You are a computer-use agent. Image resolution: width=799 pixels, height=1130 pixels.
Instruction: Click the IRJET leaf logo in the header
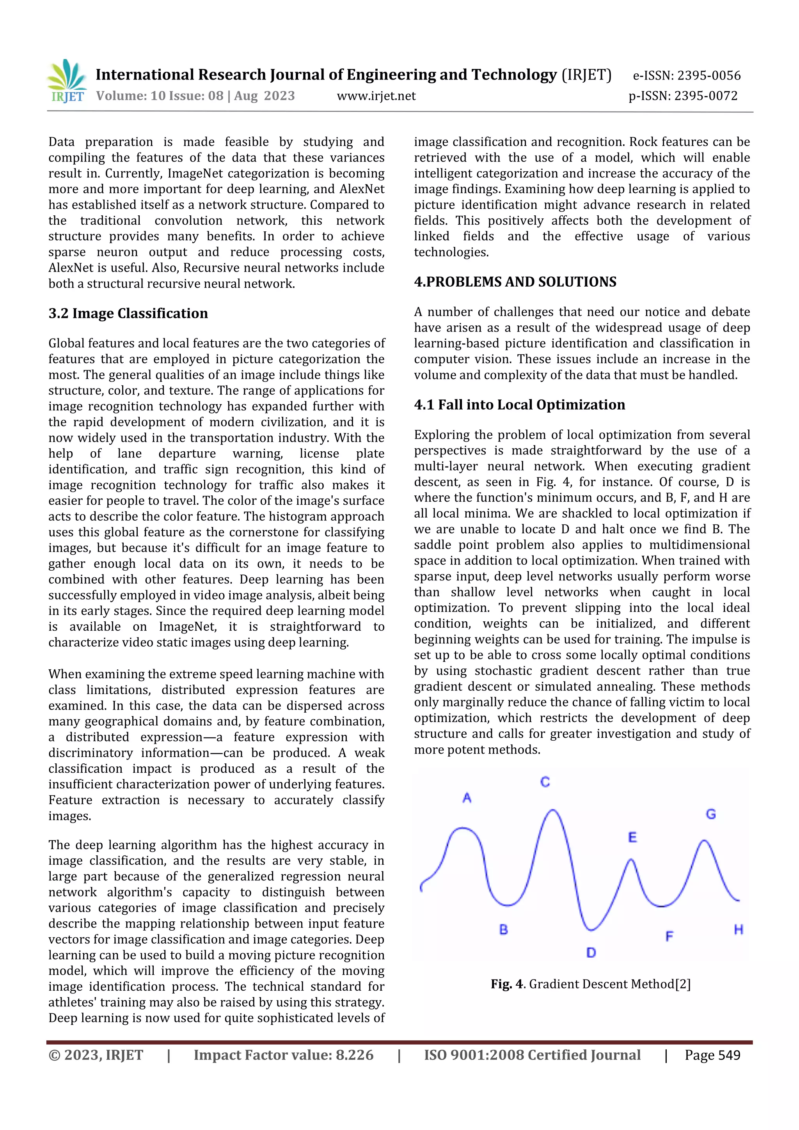pyautogui.click(x=67, y=80)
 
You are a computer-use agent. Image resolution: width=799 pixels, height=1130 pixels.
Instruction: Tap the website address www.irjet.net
pyautogui.click(x=376, y=96)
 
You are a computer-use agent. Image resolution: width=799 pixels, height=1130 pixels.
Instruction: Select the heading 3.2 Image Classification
pyautogui.click(x=128, y=314)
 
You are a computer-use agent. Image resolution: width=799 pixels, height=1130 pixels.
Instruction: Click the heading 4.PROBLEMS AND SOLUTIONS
pyautogui.click(x=515, y=282)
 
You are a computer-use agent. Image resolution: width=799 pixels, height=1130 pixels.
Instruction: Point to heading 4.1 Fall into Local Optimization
pyautogui.click(x=519, y=405)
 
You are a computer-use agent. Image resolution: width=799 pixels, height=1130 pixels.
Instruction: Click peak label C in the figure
pyautogui.click(x=545, y=782)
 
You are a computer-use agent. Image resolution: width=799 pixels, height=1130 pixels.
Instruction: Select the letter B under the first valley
pyautogui.click(x=503, y=929)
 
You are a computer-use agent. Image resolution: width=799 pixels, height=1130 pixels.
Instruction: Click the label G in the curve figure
pyautogui.click(x=711, y=814)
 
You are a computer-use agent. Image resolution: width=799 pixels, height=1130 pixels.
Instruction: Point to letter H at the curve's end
pyautogui.click(x=738, y=929)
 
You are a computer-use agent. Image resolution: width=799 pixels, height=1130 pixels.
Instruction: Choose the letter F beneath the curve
pyautogui.click(x=669, y=936)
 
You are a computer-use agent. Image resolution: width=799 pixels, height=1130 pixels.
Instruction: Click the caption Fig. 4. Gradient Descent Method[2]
pyautogui.click(x=590, y=985)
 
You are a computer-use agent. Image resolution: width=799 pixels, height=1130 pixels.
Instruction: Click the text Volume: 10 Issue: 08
pyautogui.click(x=160, y=96)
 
